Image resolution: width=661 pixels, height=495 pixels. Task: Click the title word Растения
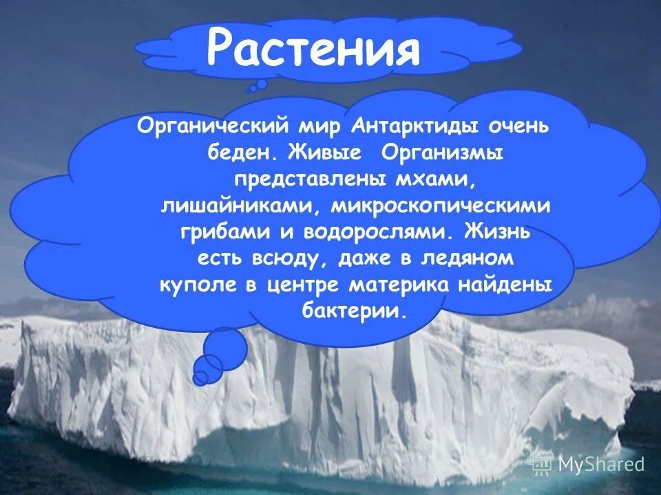click(313, 48)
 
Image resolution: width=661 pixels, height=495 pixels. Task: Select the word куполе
click(194, 283)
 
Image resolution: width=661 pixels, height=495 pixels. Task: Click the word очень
click(528, 126)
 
